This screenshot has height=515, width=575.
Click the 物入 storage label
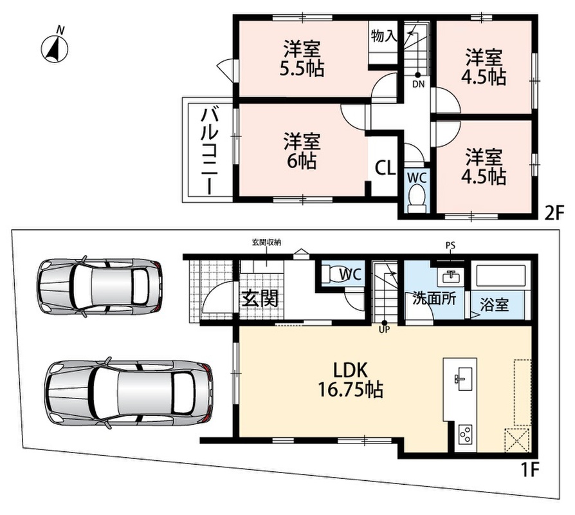point(383,36)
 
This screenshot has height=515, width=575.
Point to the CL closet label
point(385,168)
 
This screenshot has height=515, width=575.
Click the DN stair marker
point(418,84)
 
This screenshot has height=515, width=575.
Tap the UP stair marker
point(384,329)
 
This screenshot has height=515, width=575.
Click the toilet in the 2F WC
point(417,198)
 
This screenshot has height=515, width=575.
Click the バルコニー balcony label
point(208,151)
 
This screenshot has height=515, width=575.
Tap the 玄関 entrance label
point(260,299)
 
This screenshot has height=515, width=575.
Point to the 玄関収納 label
point(267,242)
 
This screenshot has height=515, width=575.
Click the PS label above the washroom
point(450,245)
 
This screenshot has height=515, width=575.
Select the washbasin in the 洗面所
point(451,276)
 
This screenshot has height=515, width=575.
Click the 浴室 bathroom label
point(494,304)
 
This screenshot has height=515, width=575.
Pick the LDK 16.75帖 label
point(350,380)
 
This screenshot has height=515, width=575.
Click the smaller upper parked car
point(99,286)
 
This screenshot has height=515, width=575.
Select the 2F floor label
point(553,212)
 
